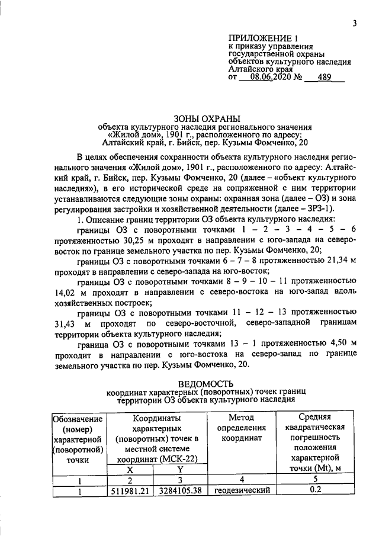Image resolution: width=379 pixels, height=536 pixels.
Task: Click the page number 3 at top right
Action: pyautogui.click(x=354, y=23)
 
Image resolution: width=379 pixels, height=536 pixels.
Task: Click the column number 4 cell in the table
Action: pyautogui.click(x=242, y=479)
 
